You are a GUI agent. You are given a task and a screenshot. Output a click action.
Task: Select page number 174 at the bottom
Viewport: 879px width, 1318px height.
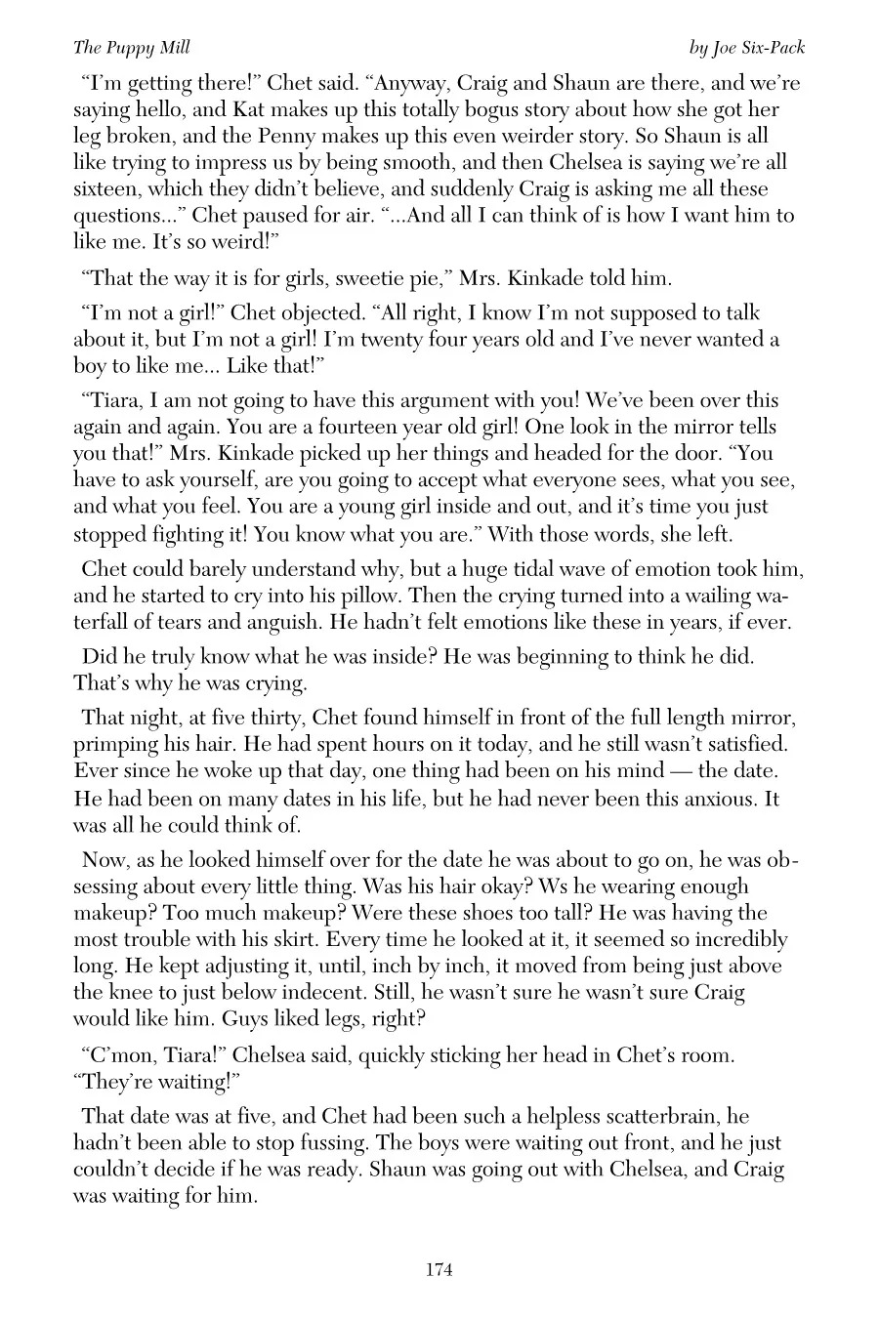pos(439,1270)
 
